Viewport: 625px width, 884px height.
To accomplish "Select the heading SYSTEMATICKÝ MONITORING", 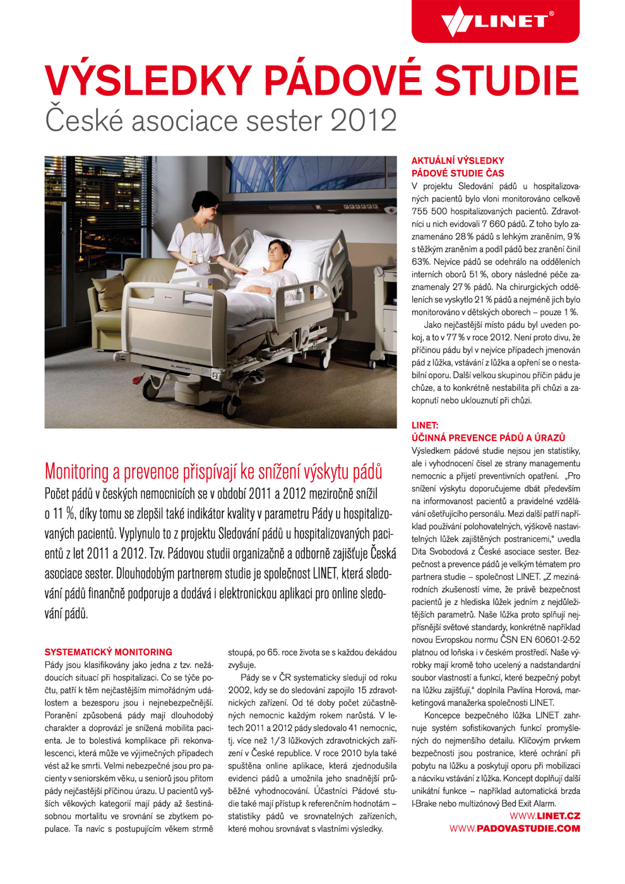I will pos(108,652).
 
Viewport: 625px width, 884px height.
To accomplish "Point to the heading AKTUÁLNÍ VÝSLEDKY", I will pos(458,161).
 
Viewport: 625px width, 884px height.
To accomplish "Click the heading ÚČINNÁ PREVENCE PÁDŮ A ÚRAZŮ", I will pos(488,438).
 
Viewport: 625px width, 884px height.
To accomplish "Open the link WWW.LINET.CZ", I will pos(544,816).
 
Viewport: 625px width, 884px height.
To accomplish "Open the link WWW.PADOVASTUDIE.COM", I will pos(515,828).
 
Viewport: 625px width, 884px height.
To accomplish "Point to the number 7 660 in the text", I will pos(494,224).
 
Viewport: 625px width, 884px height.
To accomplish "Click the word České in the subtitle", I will pos(79,120).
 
